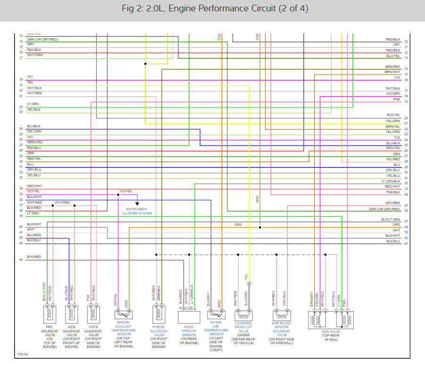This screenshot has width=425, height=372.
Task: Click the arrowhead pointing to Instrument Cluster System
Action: (x=137, y=203)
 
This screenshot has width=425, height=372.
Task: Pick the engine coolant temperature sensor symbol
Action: (x=125, y=314)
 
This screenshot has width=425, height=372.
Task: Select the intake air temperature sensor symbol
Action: (x=216, y=314)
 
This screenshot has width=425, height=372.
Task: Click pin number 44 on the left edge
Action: (x=21, y=260)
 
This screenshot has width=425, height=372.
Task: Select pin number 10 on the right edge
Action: (x=406, y=42)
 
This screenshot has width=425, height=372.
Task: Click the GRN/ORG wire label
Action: (x=34, y=142)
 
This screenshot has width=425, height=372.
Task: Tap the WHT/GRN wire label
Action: (x=34, y=55)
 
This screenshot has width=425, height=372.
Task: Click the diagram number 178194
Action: (x=23, y=354)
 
